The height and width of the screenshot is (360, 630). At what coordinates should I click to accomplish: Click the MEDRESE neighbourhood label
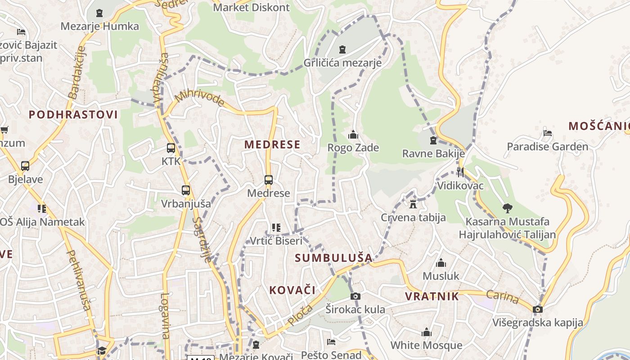[x=272, y=144]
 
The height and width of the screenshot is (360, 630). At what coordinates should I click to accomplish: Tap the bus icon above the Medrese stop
[x=269, y=180]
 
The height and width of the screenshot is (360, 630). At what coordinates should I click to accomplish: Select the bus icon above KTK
[x=171, y=148]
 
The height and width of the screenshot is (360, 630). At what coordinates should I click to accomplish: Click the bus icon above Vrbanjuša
[x=186, y=190]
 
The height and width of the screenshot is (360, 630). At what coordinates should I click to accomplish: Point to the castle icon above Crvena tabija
[x=413, y=204]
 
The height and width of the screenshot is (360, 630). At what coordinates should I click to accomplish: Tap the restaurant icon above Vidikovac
[x=460, y=172]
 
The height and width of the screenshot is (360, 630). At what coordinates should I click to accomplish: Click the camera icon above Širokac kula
[x=355, y=296]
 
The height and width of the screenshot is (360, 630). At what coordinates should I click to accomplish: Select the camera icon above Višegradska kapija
[x=537, y=309]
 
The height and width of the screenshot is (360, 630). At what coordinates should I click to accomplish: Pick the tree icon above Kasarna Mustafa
[x=508, y=208]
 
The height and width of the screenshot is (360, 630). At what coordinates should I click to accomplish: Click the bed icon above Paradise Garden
[x=548, y=133]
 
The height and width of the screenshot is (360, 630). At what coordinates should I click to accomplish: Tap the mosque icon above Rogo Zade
[x=353, y=135]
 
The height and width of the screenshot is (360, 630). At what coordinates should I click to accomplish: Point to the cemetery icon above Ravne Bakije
[x=433, y=140]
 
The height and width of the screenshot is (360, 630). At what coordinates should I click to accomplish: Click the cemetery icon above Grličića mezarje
[x=342, y=49]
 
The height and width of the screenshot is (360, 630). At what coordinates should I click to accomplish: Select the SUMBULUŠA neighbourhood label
[x=334, y=258]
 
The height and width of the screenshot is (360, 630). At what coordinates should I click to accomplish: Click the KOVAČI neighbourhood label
[x=292, y=290]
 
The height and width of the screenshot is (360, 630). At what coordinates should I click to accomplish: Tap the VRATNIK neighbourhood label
[x=432, y=296]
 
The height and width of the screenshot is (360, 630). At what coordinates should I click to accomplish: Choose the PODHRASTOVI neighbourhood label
[x=73, y=114]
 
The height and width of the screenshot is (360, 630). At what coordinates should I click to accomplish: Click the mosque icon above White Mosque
[x=427, y=333]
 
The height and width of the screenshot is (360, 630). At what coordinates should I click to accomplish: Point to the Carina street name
[x=502, y=297]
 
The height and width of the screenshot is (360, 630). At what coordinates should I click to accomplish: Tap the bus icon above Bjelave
[x=25, y=166]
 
